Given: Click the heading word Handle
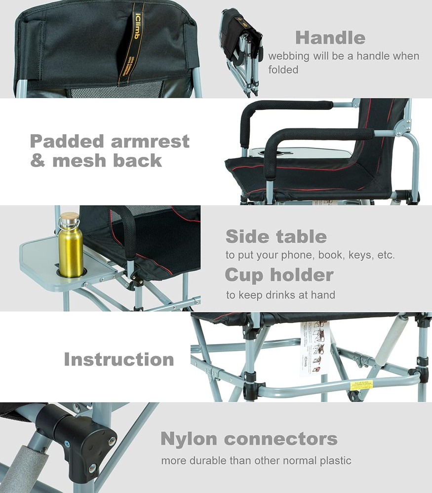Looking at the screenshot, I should (x=330, y=38).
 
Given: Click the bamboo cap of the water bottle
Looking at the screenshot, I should (x=69, y=217).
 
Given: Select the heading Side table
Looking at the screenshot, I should (x=276, y=237).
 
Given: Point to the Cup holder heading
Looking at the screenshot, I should (x=279, y=275).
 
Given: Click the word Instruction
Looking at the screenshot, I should (x=118, y=359).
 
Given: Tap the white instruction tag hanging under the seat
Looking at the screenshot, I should (x=314, y=348).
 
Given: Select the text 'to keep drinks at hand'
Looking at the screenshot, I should (x=280, y=295).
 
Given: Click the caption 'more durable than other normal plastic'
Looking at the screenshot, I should (x=256, y=461).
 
